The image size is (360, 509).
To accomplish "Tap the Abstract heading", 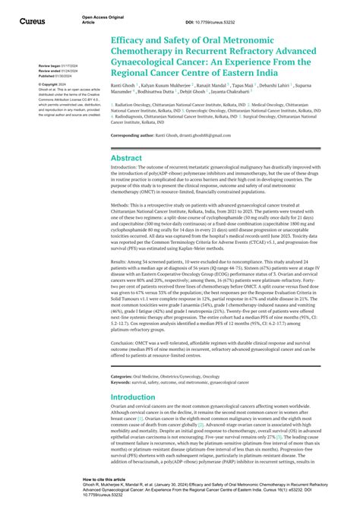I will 126,158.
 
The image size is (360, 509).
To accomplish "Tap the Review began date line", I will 54,66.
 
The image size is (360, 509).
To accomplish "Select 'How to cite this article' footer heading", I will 103,479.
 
